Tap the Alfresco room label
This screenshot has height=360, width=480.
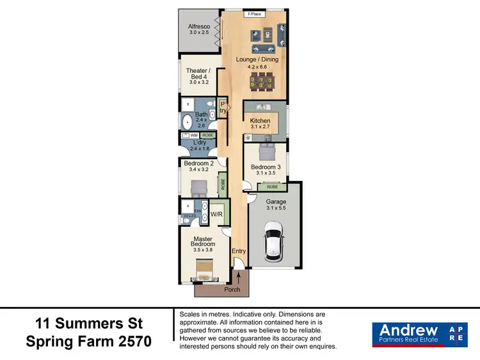199,27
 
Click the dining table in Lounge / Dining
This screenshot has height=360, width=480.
264,81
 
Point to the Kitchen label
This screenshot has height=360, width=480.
260,121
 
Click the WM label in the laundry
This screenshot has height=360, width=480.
193,136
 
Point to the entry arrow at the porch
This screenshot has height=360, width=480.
239,278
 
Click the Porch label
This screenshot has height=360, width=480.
232,290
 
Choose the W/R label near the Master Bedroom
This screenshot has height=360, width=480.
216,215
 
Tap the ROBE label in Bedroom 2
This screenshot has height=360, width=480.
223,184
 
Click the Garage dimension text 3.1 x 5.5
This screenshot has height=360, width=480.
276,208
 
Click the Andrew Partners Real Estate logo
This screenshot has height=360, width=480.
419,334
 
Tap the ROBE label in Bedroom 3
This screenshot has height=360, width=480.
272,187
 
